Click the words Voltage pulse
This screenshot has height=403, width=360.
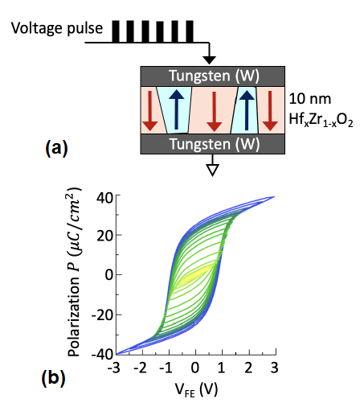[x=57, y=28]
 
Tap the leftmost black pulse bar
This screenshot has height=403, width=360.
[x=116, y=31]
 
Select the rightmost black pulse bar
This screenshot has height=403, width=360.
[x=190, y=31]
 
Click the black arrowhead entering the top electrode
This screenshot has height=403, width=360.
[x=209, y=60]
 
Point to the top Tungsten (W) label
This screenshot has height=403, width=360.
[x=215, y=76]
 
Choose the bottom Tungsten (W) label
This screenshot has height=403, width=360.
[x=215, y=144]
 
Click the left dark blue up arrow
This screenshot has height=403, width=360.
[x=177, y=109]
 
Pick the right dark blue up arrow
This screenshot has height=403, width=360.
[x=247, y=110]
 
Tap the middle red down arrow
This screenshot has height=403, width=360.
[x=215, y=111]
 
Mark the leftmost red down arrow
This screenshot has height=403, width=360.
[x=150, y=111]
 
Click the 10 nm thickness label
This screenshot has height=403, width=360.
[x=310, y=99]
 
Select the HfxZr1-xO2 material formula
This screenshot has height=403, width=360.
[x=321, y=119]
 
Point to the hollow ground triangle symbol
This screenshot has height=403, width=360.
[x=212, y=170]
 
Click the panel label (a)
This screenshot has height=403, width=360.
[x=56, y=148]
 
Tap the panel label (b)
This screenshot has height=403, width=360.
[x=54, y=378]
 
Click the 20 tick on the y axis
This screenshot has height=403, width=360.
[x=104, y=235]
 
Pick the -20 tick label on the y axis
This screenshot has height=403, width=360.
[x=102, y=315]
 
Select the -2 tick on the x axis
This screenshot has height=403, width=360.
[x=140, y=368]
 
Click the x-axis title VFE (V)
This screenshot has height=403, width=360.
[x=196, y=389]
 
